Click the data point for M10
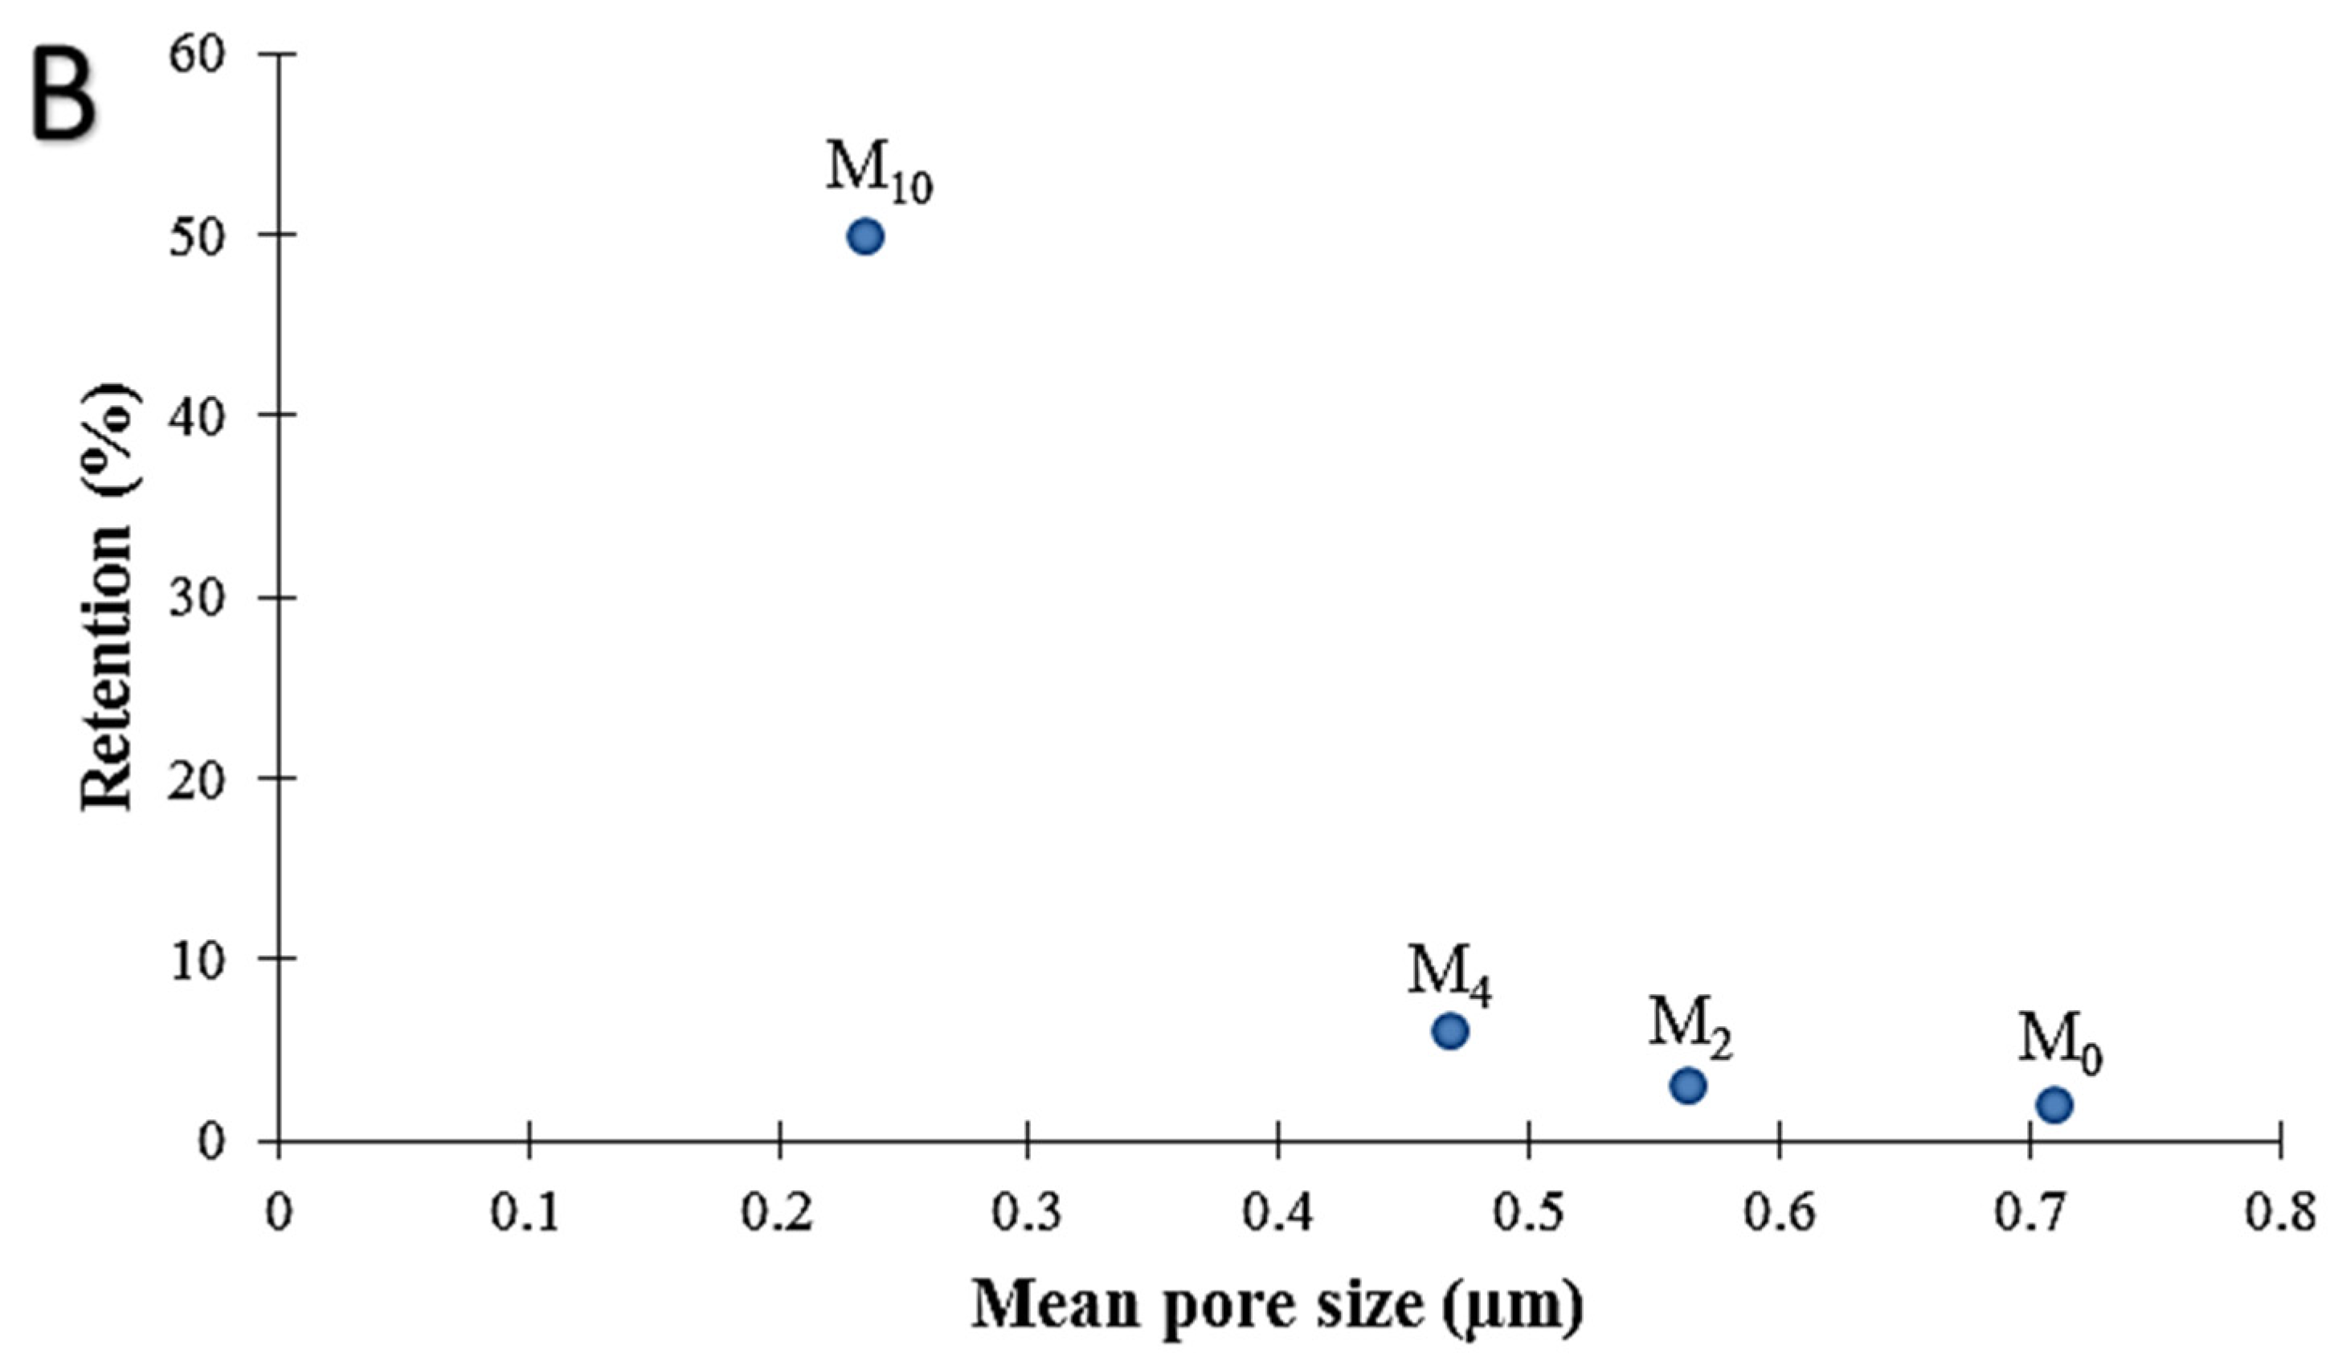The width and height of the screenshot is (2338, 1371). click(x=864, y=237)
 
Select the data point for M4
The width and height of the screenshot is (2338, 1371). click(x=1449, y=1031)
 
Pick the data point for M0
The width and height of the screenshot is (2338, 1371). click(x=2054, y=1105)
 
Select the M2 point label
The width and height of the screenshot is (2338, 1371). click(x=1690, y=1026)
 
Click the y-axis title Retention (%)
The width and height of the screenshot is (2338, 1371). click(x=109, y=598)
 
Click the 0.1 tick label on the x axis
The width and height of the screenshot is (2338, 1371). click(x=526, y=1215)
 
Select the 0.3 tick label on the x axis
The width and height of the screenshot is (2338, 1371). click(x=1027, y=1215)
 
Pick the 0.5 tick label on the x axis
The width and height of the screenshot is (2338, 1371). click(x=1528, y=1215)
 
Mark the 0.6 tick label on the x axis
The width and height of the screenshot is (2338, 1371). click(x=1779, y=1215)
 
